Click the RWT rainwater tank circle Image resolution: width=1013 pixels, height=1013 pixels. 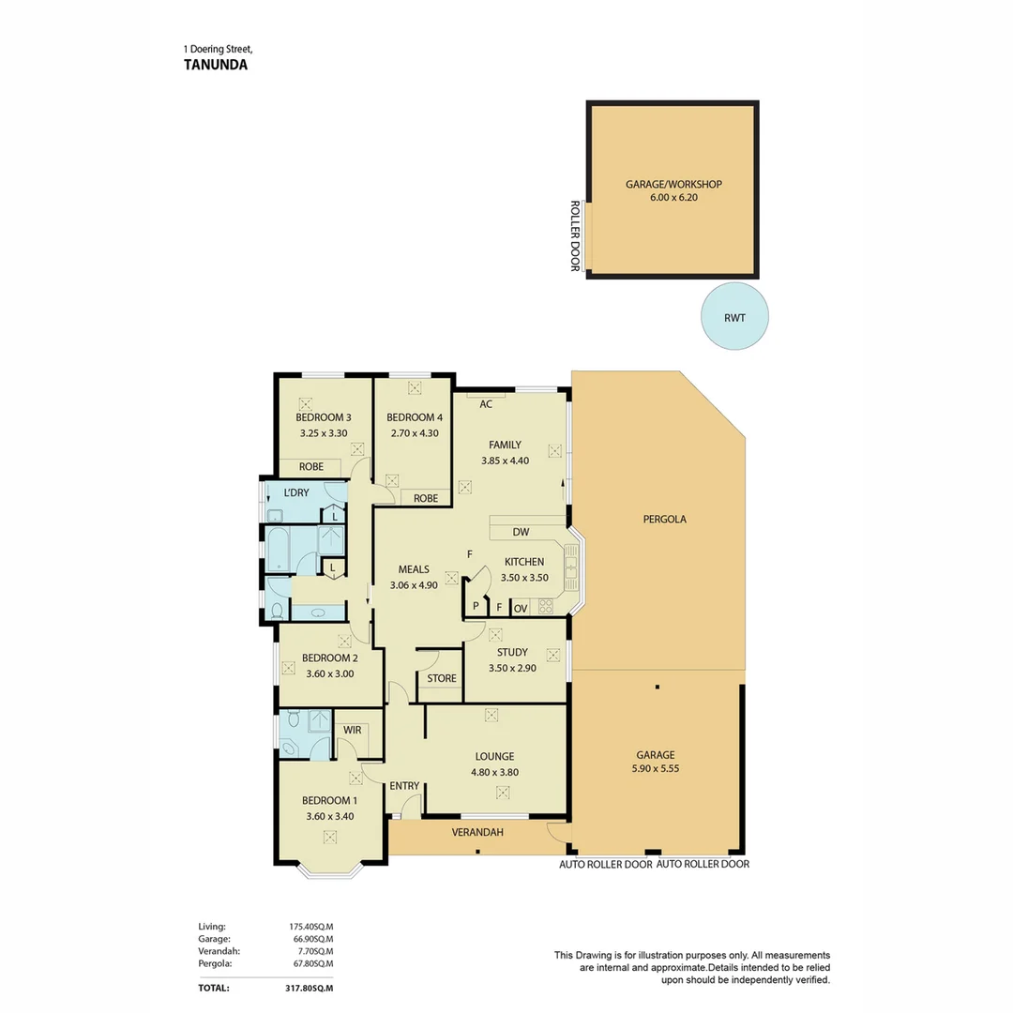(x=735, y=317)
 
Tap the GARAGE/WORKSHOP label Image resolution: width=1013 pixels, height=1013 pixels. (x=673, y=185)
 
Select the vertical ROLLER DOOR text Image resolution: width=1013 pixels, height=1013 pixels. (x=575, y=235)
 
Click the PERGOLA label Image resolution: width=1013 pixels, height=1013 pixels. (x=665, y=518)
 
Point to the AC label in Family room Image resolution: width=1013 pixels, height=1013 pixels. (x=486, y=404)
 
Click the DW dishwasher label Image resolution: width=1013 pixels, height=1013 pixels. (x=522, y=532)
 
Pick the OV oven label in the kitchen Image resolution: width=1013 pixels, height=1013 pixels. (x=521, y=608)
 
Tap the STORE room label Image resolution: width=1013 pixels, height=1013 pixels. (x=441, y=678)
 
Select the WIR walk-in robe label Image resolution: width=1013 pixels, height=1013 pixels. (x=353, y=729)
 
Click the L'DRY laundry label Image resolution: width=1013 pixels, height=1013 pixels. (x=297, y=492)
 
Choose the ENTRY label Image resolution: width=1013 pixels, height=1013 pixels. (x=404, y=785)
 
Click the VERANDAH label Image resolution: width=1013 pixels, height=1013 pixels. (x=477, y=832)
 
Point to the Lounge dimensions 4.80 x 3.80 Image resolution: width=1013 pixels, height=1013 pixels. (x=494, y=772)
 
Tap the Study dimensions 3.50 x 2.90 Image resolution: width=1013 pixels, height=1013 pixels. (x=512, y=668)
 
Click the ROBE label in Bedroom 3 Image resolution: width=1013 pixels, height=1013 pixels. (x=311, y=466)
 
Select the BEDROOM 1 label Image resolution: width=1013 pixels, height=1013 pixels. (x=329, y=800)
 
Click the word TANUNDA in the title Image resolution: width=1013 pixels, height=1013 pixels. (x=216, y=66)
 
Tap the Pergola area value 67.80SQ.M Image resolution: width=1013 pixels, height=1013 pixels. (x=312, y=963)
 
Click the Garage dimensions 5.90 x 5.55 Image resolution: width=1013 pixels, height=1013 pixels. (x=656, y=770)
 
